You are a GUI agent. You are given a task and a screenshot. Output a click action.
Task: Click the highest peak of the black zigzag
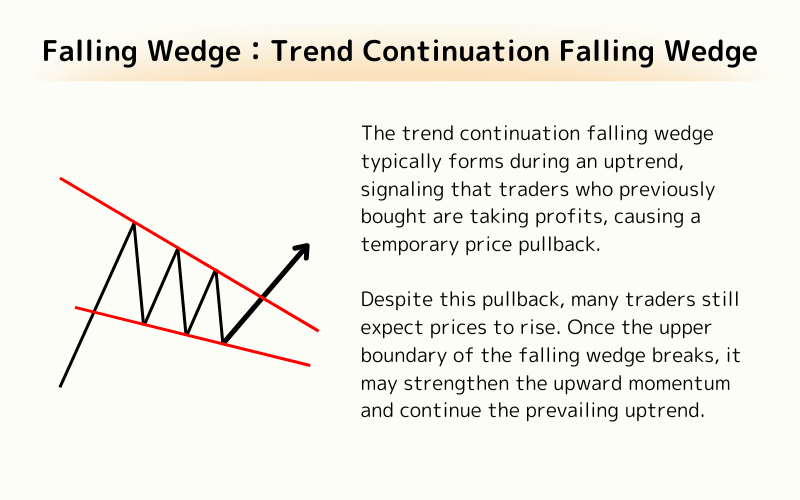point(133,223)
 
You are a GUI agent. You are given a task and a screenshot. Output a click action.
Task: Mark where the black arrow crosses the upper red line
point(262,297)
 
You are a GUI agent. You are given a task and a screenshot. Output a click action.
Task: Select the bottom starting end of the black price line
point(61,385)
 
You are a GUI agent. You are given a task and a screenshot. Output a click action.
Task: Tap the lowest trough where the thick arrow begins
point(223,343)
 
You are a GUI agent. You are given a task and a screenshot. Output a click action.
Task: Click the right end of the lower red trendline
point(309,365)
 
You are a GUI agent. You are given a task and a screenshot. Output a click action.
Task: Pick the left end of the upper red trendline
point(61,179)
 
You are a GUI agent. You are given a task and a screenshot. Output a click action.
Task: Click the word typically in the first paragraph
point(395,161)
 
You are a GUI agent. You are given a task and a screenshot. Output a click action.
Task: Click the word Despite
point(390,301)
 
